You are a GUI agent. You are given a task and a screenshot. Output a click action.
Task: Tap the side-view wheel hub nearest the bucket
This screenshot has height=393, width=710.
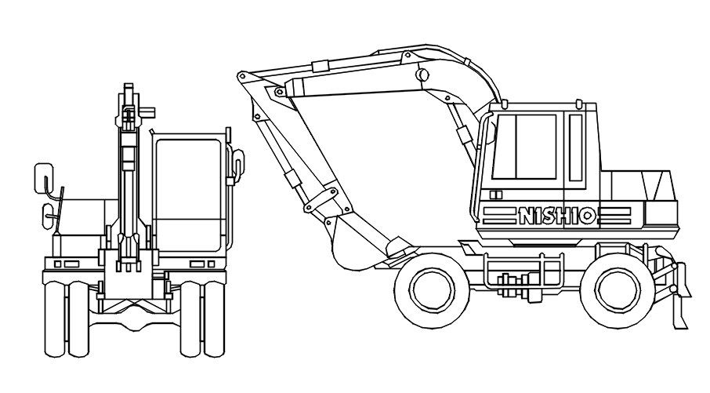click(x=429, y=288)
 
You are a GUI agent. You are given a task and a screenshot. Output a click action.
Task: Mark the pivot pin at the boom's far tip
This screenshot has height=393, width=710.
click(x=242, y=75)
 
